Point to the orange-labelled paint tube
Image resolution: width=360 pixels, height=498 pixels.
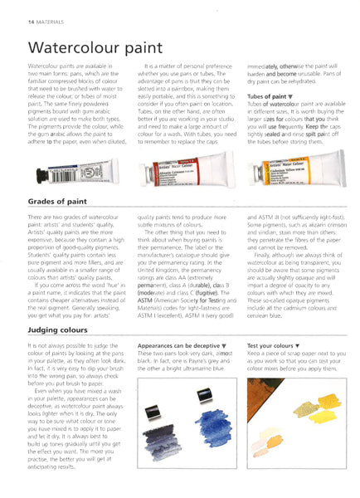pyautogui.click(x=294, y=173)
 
